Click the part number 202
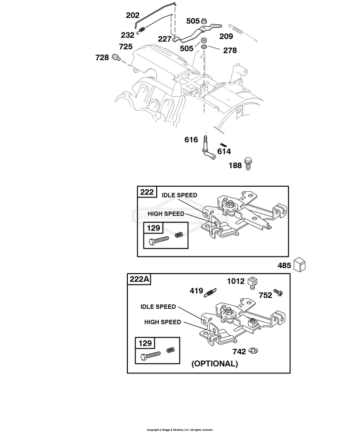[133, 15]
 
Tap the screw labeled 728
[116, 58]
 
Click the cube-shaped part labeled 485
[299, 265]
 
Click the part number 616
[191, 139]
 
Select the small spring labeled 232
[141, 29]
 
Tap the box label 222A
[139, 279]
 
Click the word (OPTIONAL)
[215, 364]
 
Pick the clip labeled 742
[253, 351]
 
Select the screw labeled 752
[278, 292]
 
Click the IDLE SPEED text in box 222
[179, 195]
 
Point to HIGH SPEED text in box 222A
[162, 322]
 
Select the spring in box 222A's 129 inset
[171, 350]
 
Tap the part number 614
[224, 151]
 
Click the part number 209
[226, 36]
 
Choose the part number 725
[126, 46]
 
